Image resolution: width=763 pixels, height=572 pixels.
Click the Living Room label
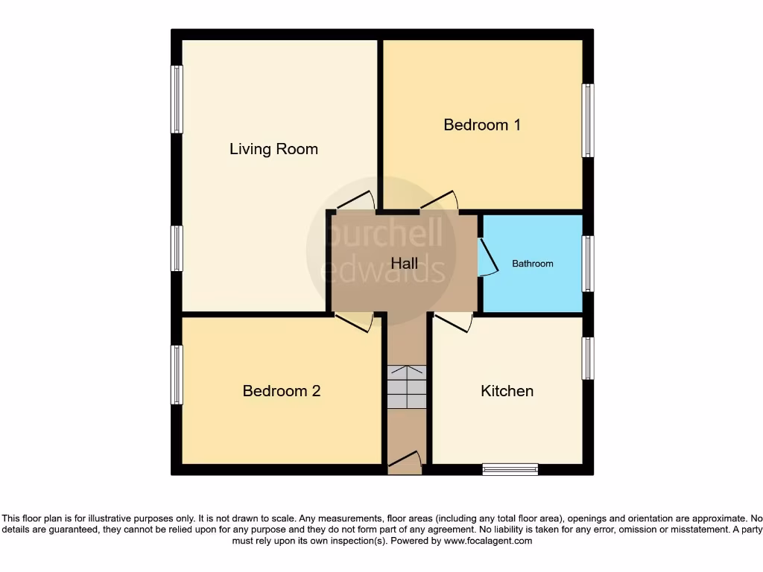coord(273,149)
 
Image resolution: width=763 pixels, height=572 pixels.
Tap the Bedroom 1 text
coord(481,124)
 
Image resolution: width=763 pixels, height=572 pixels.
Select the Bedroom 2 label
coord(282,391)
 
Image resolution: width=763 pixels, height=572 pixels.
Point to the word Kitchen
coord(507,391)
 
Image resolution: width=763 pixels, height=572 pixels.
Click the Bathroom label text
coord(532,264)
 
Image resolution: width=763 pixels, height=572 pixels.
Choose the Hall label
coord(405,264)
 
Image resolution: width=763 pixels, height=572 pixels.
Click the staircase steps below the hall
coord(407,387)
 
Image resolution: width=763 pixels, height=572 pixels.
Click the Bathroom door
coord(487,258)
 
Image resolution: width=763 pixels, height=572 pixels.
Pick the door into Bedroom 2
coord(355,322)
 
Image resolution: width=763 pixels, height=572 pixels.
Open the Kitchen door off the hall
coord(454,322)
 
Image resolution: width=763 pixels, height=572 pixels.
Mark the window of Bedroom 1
coord(588,120)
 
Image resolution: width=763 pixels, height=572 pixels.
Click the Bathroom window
coord(588,264)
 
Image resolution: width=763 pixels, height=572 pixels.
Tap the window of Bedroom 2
coord(177,375)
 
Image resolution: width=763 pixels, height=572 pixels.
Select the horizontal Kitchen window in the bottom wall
coord(510,469)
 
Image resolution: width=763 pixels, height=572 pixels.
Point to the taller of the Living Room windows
coord(177,99)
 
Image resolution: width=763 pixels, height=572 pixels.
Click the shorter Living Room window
coord(177,248)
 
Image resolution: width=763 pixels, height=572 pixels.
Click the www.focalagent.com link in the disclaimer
coord(487,541)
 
